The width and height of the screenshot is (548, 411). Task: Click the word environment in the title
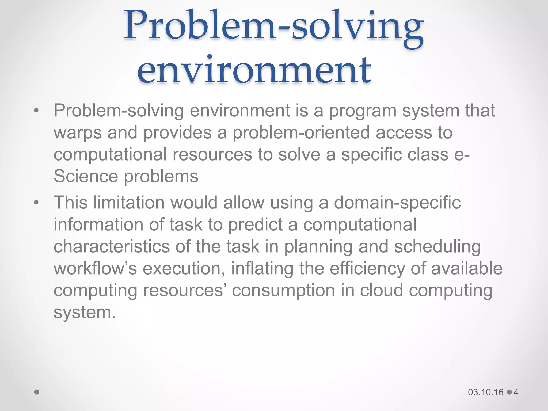pos(254,70)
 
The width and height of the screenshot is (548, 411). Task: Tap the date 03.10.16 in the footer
pos(486,392)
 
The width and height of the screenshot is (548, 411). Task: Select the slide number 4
pos(516,392)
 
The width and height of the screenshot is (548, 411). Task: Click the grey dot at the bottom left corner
pos(37,392)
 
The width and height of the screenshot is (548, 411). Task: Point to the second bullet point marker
pos(36,203)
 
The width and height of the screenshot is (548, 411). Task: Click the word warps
pos(78,133)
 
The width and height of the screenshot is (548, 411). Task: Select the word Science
pos(86,177)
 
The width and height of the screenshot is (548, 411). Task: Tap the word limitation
pos(128,203)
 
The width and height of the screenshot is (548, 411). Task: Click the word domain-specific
pos(397,203)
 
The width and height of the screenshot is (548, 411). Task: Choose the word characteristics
pos(112,246)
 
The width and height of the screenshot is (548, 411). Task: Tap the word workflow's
pos(95,268)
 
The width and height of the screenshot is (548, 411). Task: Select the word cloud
pos(381,290)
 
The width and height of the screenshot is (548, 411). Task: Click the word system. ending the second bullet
pos(85,313)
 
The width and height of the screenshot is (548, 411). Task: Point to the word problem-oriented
pos(301,133)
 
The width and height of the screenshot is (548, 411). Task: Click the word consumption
pos(283,291)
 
